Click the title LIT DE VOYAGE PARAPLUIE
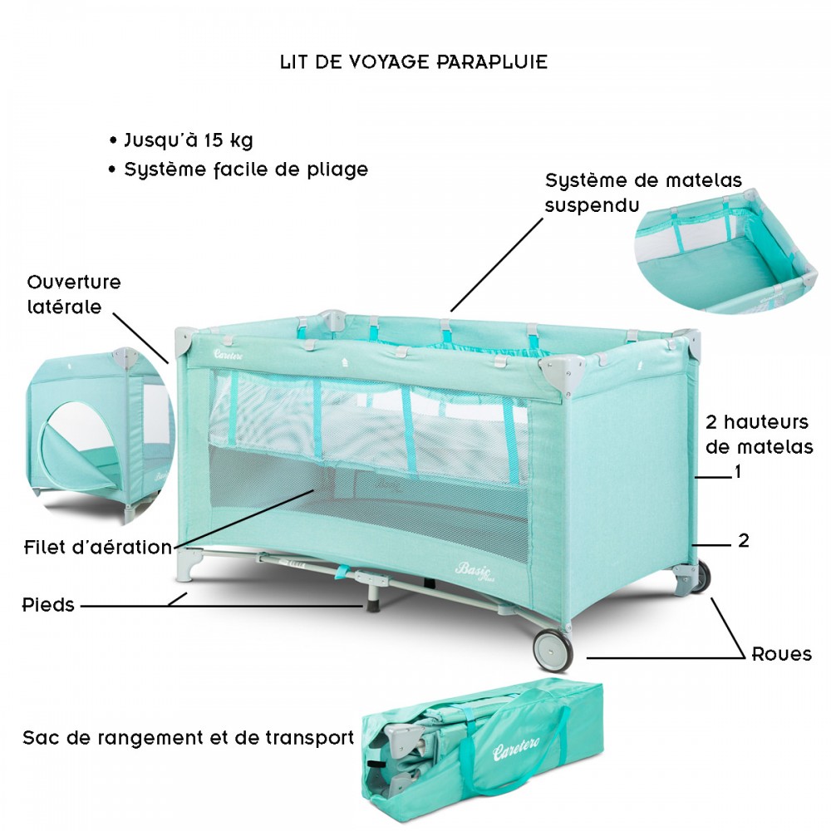(413, 62)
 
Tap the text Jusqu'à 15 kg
(188, 140)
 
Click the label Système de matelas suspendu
(643, 193)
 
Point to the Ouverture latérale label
(74, 294)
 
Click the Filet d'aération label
(98, 547)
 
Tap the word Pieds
(48, 605)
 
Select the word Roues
(782, 654)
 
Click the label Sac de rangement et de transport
(188, 738)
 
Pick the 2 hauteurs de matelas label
(759, 435)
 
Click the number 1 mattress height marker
(737, 471)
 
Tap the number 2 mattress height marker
(744, 541)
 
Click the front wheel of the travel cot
(553, 649)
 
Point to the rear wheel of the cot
(701, 576)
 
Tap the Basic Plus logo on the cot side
(473, 571)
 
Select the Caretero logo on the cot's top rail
(229, 354)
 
